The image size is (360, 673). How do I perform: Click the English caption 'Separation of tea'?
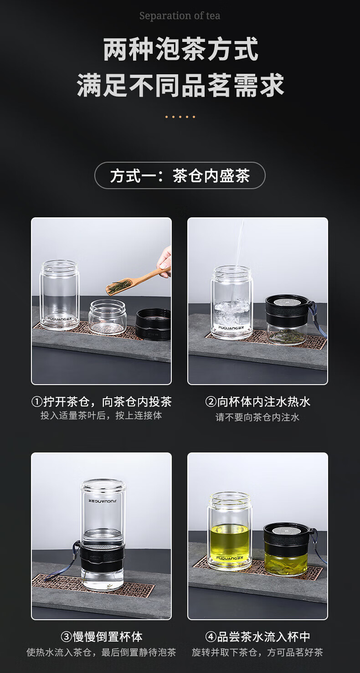180,15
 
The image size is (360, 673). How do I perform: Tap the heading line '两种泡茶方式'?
180,49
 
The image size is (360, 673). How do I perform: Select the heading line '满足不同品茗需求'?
180,85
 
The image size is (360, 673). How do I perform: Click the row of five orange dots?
180,117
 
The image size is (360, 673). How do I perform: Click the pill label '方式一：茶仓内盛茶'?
180,175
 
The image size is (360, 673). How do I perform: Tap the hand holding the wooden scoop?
165,261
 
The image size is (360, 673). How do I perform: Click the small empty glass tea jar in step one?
107,317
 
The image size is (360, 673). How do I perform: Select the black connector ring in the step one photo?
153,324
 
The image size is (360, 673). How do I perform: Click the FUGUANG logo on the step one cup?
60,319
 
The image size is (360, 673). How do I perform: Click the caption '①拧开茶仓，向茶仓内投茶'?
102,401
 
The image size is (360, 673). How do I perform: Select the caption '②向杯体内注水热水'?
257,401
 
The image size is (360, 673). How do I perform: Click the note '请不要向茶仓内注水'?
257,417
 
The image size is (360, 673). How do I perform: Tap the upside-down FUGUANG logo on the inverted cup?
103,501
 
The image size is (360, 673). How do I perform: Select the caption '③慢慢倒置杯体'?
102,637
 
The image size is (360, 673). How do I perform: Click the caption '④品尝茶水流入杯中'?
257,637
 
